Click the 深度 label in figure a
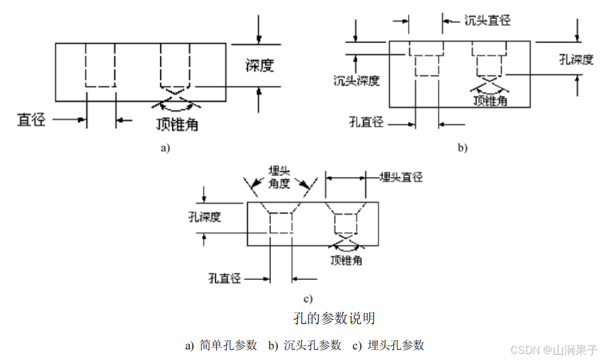[260, 66]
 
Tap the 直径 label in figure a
[31, 120]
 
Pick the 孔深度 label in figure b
[575, 60]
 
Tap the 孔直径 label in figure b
[366, 122]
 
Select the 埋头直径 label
[401, 177]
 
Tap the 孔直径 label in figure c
[224, 276]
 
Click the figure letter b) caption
[462, 148]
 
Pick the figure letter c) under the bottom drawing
[308, 298]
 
